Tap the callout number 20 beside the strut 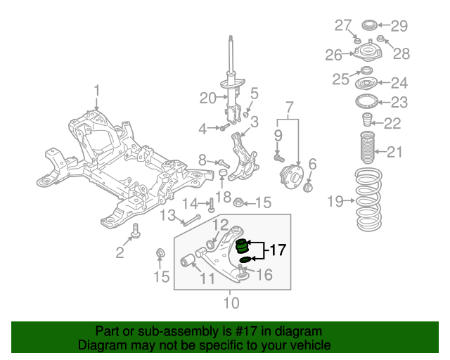point(207,98)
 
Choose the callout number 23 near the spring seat point(399,102)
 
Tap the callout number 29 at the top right point(399,27)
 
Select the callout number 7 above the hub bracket point(288,108)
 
